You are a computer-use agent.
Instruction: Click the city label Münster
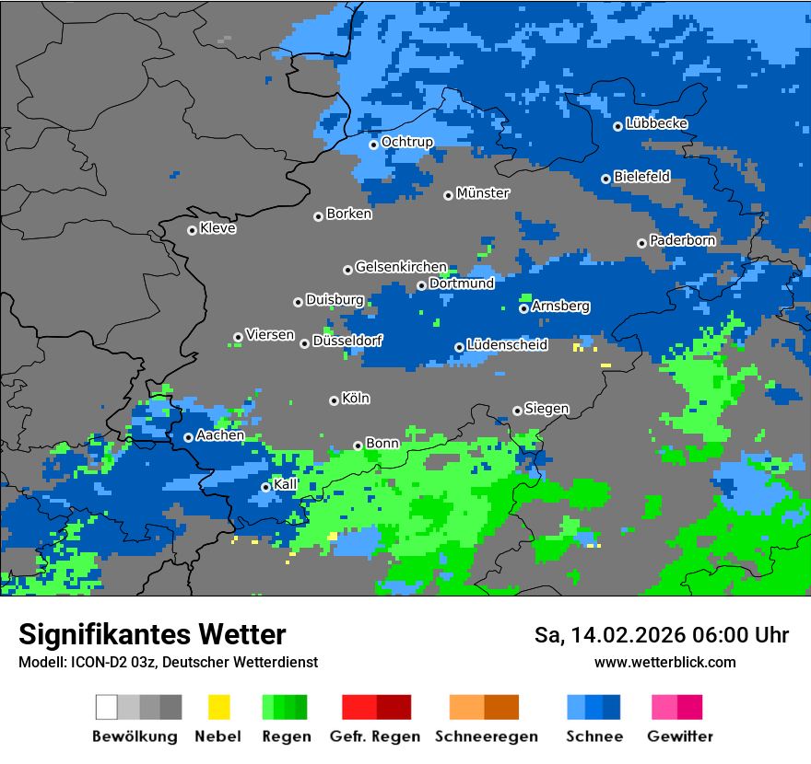(483, 193)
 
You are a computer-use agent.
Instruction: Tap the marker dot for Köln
(334, 400)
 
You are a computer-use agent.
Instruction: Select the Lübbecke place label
(657, 123)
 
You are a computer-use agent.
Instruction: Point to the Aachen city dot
(188, 437)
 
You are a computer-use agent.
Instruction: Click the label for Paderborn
(683, 240)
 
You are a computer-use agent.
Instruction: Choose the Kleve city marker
(192, 230)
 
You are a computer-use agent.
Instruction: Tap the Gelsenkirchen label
(401, 267)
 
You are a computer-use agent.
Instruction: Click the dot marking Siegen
(517, 411)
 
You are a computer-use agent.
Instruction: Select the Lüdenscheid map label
(507, 345)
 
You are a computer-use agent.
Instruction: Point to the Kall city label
(286, 484)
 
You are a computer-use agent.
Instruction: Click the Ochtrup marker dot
(373, 144)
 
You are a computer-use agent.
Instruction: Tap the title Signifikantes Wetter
(152, 634)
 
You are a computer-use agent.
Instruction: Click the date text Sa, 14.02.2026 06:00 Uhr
(662, 635)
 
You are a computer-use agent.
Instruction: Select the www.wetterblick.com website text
(664, 662)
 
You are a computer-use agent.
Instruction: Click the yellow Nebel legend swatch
(218, 707)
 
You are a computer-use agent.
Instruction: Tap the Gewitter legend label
(680, 736)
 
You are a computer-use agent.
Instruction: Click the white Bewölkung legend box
(107, 707)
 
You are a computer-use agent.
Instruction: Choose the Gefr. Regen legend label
(375, 736)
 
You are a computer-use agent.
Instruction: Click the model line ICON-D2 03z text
(168, 662)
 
